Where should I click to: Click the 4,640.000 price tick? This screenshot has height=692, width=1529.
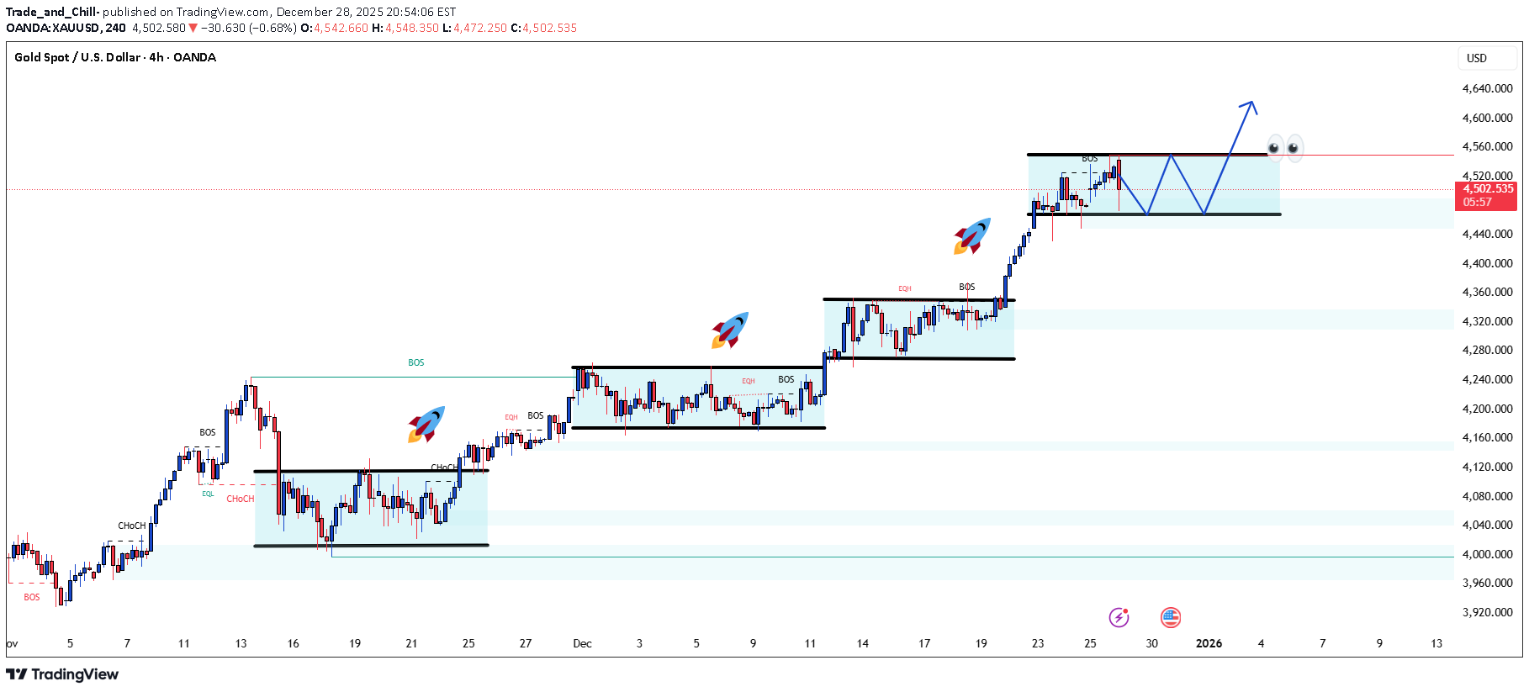(1487, 88)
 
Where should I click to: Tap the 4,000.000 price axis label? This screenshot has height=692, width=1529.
(1487, 554)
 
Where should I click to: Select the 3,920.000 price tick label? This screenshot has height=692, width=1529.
(1487, 612)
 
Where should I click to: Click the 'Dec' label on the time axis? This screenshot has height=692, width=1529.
(582, 643)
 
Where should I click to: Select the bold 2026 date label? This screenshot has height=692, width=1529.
(1209, 643)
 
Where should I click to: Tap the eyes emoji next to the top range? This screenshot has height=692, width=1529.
(1284, 147)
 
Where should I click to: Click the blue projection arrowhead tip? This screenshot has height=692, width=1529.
(1252, 103)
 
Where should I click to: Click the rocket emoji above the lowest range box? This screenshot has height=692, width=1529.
(426, 424)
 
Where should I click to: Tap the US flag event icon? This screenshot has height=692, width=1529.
(1170, 617)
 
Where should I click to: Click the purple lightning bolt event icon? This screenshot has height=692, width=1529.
(1119, 617)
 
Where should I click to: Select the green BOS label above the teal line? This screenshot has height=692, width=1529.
(416, 363)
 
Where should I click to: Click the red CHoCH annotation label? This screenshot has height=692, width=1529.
(240, 499)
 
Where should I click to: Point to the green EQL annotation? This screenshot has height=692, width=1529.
(208, 494)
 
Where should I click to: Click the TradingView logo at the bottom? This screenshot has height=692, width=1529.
(62, 674)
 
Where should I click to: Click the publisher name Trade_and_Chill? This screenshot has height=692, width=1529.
(52, 12)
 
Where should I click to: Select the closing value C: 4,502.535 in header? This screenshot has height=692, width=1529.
(544, 28)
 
